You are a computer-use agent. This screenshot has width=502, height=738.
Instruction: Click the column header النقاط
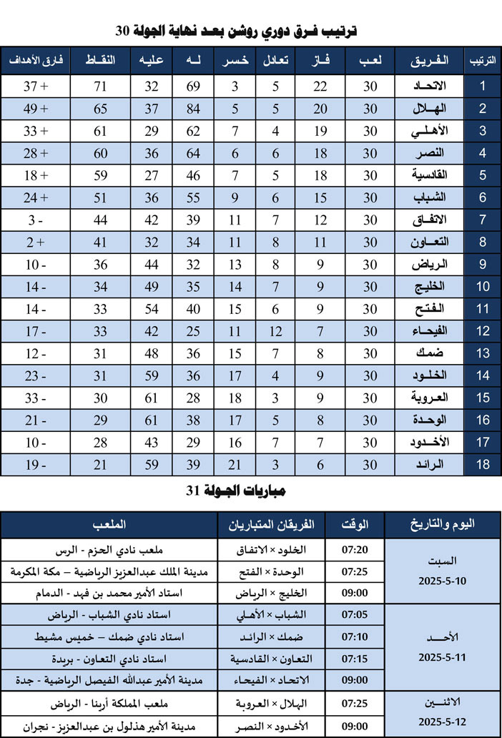pos(100,61)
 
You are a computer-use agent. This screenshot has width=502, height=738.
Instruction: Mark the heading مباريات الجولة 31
pos(250,491)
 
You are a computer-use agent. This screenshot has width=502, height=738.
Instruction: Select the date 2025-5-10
pos(441,581)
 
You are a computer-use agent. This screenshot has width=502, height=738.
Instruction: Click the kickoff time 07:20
pos(355,550)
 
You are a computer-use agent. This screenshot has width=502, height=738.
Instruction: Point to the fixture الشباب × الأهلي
pos(272,615)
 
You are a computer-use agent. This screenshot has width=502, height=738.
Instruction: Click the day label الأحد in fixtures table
pos(441,636)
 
